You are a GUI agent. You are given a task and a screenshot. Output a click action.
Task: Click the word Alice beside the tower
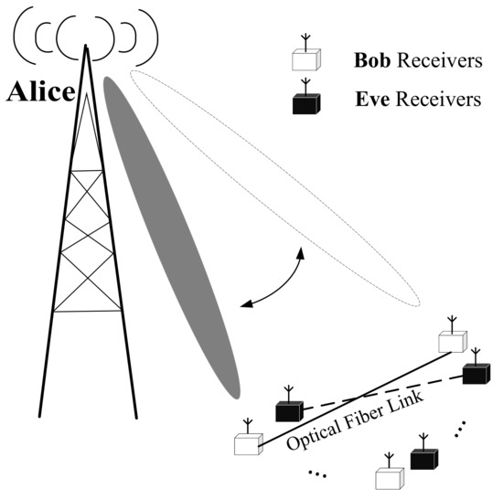point(42,92)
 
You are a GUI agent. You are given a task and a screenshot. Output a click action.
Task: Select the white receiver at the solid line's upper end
point(452,341)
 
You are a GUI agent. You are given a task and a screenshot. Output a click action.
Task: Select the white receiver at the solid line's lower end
point(247,445)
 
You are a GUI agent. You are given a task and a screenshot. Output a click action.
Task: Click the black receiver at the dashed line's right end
point(476,372)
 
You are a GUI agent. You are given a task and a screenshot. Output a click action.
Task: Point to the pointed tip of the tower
point(87,46)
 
